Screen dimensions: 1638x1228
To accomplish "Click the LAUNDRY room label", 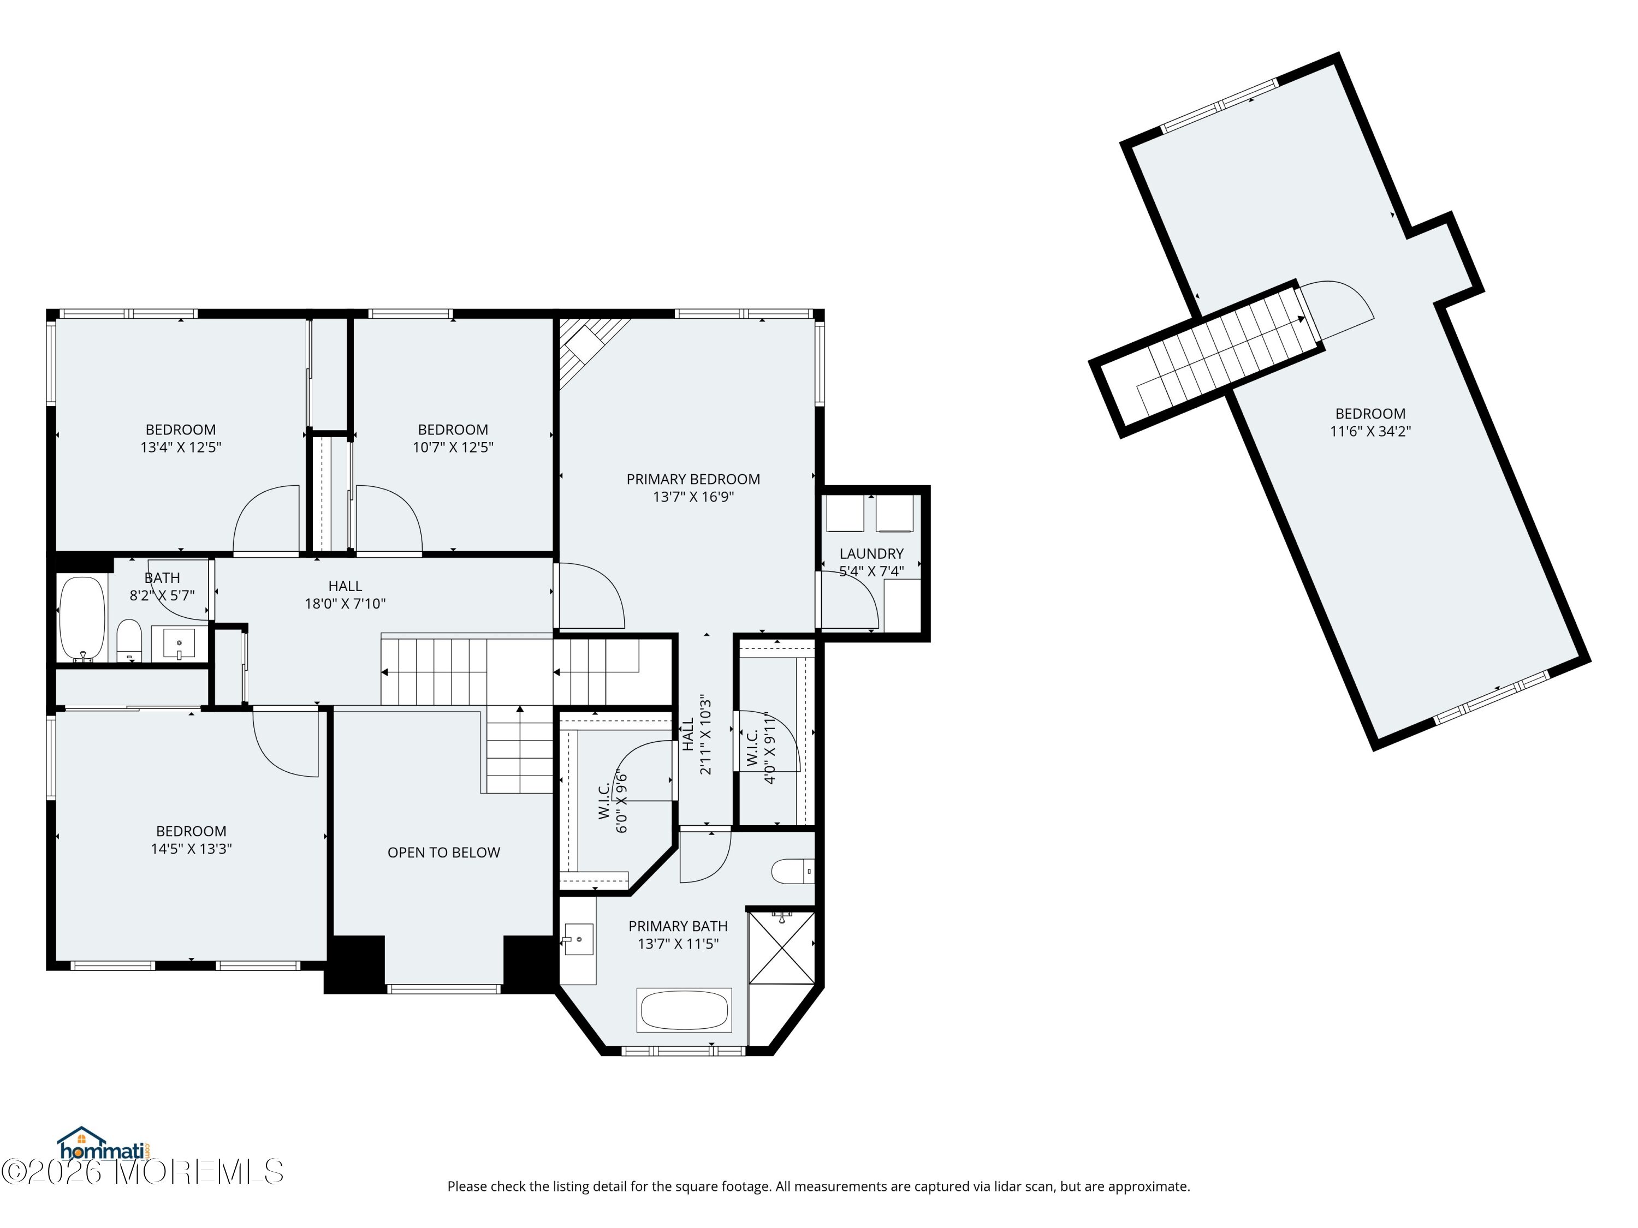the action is pos(871,553).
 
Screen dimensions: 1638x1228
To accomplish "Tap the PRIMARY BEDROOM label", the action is pos(693,480).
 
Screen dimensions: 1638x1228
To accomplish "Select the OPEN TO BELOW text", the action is pos(443,853).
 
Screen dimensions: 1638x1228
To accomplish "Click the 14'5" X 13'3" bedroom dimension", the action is pos(191,849).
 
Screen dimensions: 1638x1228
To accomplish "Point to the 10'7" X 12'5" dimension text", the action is pos(453,447).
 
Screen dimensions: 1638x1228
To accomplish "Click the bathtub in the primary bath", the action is pos(684,1010).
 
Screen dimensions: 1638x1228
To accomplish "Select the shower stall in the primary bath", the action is pos(781,947).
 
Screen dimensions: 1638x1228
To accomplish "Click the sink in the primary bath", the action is pos(577,939).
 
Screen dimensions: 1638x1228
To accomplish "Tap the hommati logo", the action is pos(104,1144).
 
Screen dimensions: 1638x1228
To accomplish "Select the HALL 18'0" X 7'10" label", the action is pos(345,595).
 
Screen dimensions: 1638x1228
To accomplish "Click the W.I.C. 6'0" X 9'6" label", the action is pos(613,802).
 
